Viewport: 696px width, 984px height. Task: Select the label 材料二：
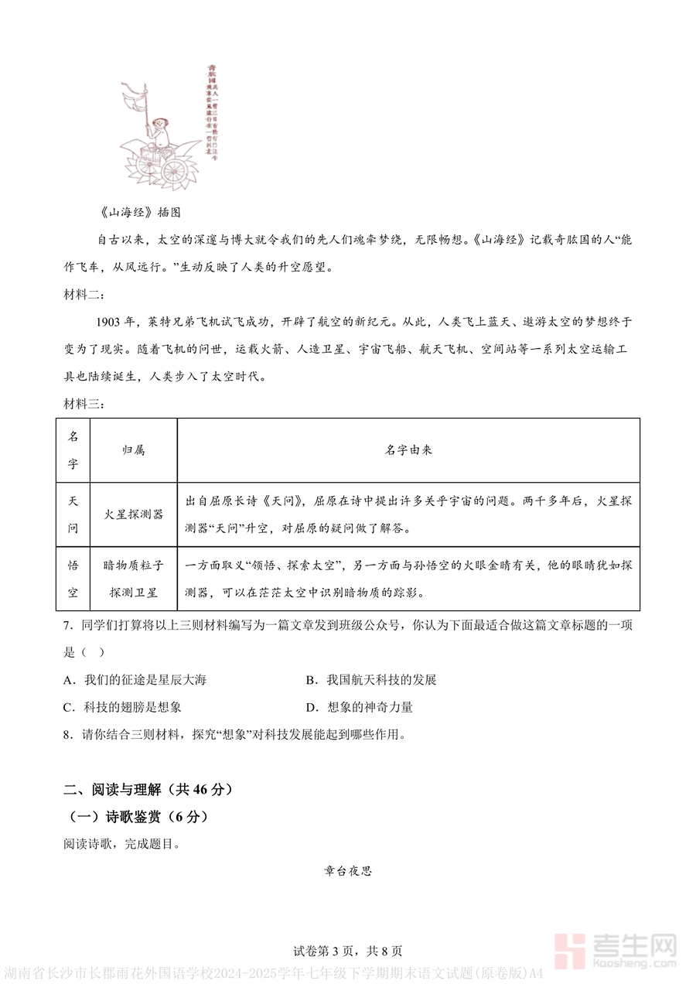coord(84,295)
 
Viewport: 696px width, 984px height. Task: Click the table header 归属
coord(134,450)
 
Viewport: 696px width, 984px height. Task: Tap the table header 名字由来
coord(408,450)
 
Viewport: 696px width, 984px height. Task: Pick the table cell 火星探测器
coord(134,514)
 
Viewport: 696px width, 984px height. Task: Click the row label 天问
coord(73,514)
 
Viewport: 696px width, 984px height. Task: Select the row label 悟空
coord(73,579)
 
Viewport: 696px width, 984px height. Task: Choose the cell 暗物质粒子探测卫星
coord(134,579)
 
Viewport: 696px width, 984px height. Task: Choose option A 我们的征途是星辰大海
coord(137,680)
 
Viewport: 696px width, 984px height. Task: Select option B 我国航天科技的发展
coord(372,680)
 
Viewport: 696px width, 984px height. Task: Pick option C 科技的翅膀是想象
coord(124,707)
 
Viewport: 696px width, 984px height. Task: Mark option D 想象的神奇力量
coord(360,707)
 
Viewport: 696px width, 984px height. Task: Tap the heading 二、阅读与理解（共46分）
coord(148,790)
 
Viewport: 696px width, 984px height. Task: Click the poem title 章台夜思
coord(348,871)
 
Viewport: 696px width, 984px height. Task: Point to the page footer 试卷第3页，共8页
coord(348,952)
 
